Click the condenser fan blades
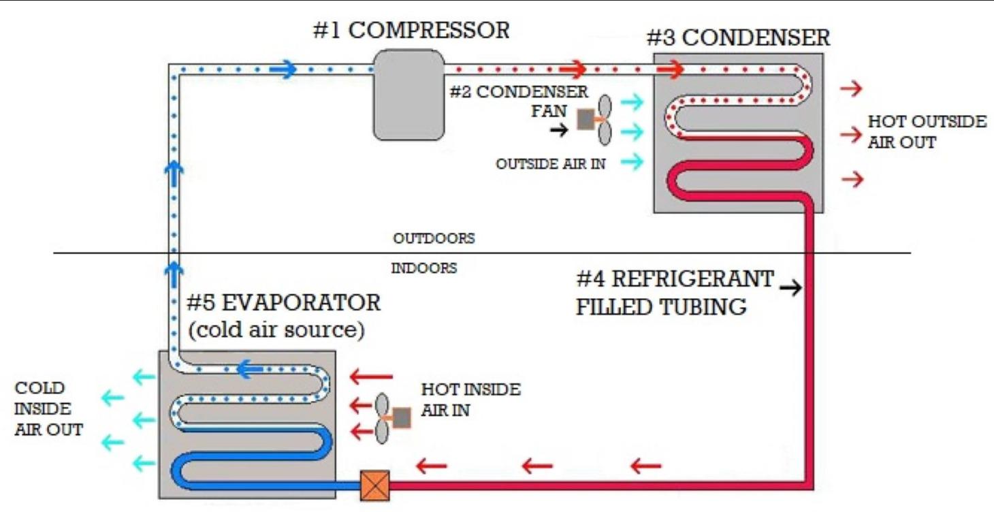pyautogui.click(x=605, y=120)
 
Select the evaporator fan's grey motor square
pyautogui.click(x=402, y=417)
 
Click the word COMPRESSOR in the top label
pyautogui.click(x=430, y=31)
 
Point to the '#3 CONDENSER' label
pyautogui.click(x=738, y=37)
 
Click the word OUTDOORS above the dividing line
pyautogui.click(x=434, y=240)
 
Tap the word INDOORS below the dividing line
pyautogui.click(x=423, y=268)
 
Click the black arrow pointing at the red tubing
pyautogui.click(x=790, y=289)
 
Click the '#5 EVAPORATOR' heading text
pyautogui.click(x=284, y=303)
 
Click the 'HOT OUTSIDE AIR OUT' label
pyautogui.click(x=926, y=132)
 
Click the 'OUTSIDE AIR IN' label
pyautogui.click(x=551, y=164)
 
